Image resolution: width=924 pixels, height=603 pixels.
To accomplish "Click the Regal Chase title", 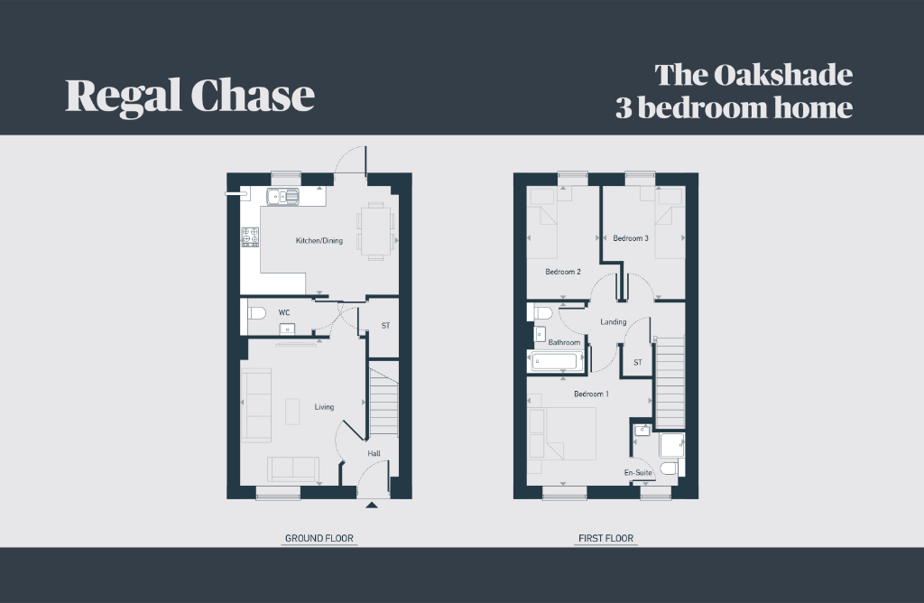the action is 189,96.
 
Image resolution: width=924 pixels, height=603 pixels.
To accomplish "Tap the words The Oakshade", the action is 753,75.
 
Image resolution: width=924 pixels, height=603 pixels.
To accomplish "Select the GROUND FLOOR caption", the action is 319,538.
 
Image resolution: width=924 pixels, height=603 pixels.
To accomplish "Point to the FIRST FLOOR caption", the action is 605,538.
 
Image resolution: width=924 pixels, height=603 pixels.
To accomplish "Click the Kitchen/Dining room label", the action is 319,240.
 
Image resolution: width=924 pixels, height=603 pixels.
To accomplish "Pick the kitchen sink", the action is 282,196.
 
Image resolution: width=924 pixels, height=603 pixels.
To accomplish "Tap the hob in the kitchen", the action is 251,237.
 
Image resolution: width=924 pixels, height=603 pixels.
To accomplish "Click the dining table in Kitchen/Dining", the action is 375,231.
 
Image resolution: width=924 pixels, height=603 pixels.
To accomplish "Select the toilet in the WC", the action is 256,312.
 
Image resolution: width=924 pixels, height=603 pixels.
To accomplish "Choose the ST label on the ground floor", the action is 385,325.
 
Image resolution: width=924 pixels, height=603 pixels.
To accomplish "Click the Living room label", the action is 324,407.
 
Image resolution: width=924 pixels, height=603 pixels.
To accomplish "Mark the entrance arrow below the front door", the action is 371,505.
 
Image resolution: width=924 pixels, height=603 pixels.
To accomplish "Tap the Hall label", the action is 374,453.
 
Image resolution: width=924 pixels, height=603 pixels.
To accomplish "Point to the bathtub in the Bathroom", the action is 556,361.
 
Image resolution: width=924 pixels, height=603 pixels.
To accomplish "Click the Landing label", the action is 613,322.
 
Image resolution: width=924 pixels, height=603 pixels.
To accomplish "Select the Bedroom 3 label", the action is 631,238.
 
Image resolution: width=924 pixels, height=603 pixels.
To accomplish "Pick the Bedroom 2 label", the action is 563,272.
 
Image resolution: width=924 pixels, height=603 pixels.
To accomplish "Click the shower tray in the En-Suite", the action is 672,445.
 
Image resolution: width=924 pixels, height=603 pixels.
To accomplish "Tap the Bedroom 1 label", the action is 591,394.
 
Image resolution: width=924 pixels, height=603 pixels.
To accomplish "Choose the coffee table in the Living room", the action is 292,412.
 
